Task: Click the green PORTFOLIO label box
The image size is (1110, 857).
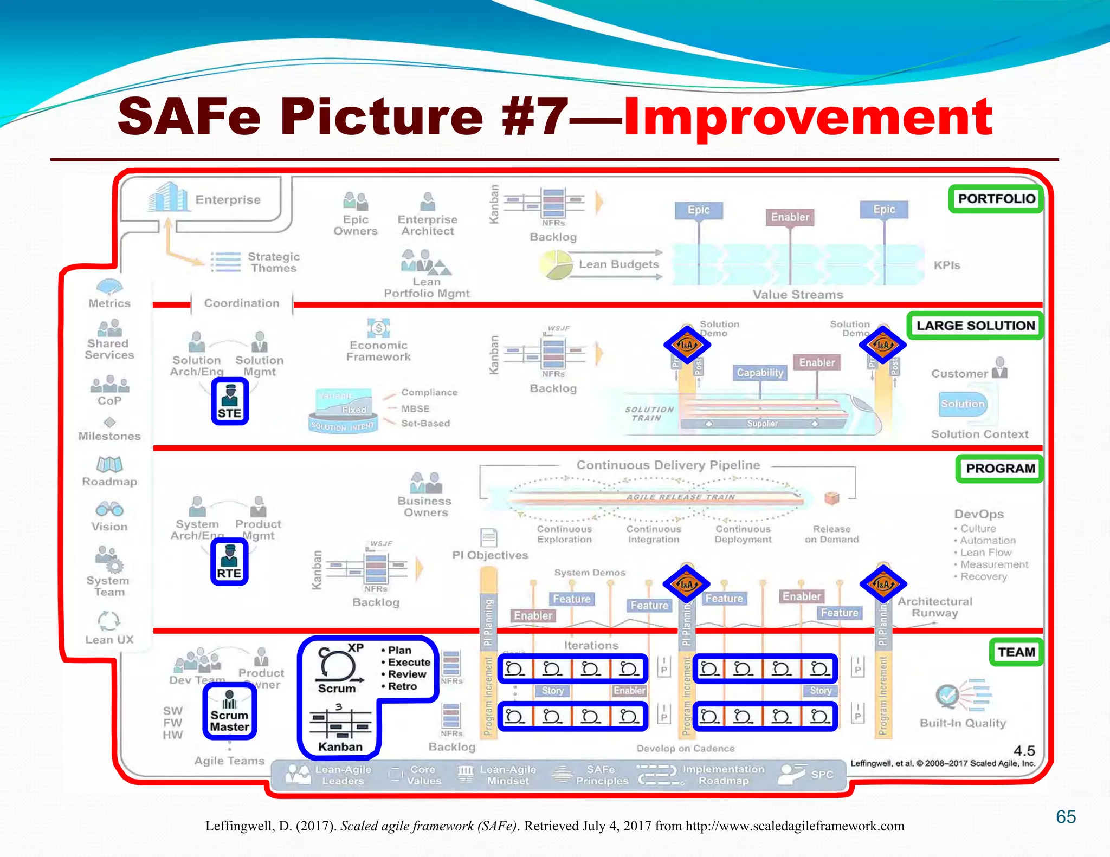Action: pos(996,199)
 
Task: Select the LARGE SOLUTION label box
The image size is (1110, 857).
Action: pos(975,326)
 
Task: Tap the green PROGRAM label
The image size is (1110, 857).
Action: pos(999,469)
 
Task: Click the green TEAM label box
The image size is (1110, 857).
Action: pos(1016,652)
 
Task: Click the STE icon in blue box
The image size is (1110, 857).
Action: pos(230,401)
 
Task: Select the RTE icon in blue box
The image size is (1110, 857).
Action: pos(229,561)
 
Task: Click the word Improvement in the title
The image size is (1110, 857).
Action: pos(808,116)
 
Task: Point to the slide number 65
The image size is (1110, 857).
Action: pos(1066,816)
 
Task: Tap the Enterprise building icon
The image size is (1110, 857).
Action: pos(168,197)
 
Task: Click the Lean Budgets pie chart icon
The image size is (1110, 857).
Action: pos(556,264)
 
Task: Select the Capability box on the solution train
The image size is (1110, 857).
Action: pos(760,373)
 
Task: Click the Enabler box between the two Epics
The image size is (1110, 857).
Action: pos(790,217)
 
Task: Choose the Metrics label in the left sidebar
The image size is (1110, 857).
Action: pos(109,303)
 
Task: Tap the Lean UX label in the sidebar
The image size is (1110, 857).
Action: pos(109,640)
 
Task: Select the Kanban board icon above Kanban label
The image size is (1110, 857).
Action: pos(340,722)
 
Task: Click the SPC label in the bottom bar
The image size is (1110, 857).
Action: pos(822,775)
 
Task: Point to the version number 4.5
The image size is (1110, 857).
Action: pos(1024,751)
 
